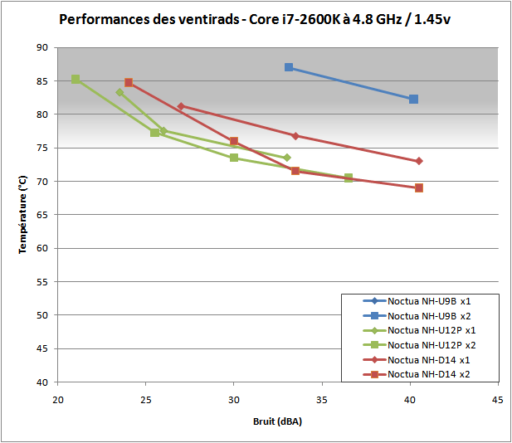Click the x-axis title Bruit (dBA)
tap(276, 421)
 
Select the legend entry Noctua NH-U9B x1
tap(429, 301)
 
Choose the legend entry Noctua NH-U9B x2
tap(429, 315)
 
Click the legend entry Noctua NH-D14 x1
tap(431, 359)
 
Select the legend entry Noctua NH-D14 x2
tap(431, 374)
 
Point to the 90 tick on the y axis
tap(41, 48)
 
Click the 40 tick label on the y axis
tap(41, 382)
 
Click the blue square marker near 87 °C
tap(289, 67)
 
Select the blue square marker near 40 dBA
tap(413, 100)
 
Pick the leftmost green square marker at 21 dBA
tap(76, 80)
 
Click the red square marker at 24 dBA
tap(129, 83)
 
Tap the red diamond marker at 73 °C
tap(419, 161)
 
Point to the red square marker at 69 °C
tap(419, 187)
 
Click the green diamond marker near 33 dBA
tap(287, 158)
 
